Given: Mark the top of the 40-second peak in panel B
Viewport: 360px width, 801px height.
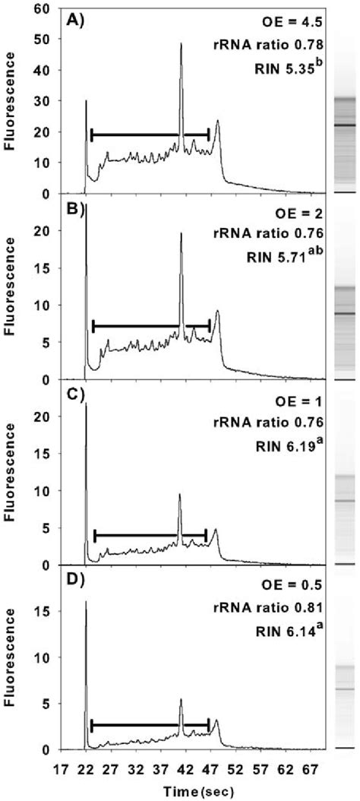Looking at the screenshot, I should coord(182,233).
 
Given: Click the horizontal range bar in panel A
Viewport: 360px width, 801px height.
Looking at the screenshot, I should coord(150,135).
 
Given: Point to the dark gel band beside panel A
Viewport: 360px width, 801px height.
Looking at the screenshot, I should coord(343,125).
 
